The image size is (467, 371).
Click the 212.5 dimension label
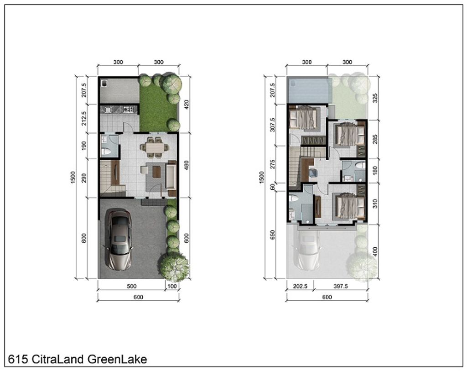click(x=84, y=118)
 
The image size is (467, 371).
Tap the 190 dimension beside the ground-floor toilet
click(x=84, y=146)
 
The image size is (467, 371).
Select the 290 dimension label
click(x=84, y=178)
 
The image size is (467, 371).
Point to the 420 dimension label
click(x=187, y=105)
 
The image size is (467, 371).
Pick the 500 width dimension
click(x=132, y=287)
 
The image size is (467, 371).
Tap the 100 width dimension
click(x=172, y=287)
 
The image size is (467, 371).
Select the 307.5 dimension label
click(x=273, y=125)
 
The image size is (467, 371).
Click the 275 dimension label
click(x=273, y=164)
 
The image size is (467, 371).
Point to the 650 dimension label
click(x=273, y=235)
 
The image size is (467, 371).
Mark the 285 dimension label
click(x=375, y=139)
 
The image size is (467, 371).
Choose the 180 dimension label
click(x=375, y=171)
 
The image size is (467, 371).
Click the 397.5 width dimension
click(x=340, y=287)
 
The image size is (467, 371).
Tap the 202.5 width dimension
click(x=300, y=287)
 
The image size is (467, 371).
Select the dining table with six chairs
click(x=154, y=146)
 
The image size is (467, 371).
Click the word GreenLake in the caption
click(x=117, y=359)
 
